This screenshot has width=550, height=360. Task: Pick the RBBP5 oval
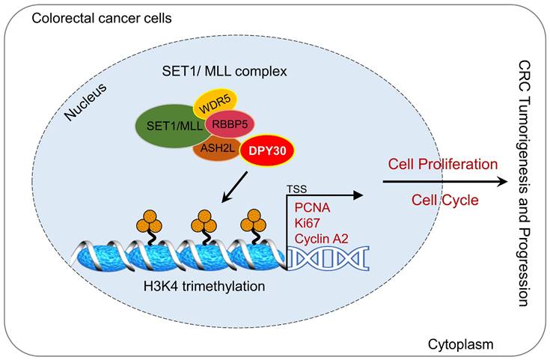232,124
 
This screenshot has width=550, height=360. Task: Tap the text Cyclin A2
323,238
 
